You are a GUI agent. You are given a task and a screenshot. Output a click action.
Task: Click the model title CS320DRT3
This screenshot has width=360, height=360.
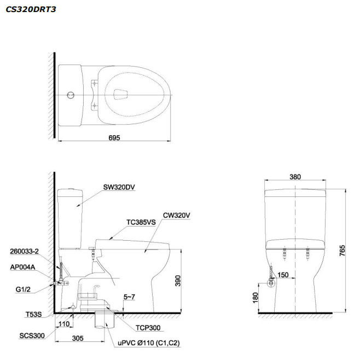coord(31,9)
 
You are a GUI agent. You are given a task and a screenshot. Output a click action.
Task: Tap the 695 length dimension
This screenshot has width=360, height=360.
coord(114,137)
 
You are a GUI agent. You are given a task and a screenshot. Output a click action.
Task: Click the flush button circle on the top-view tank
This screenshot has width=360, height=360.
coord(71,95)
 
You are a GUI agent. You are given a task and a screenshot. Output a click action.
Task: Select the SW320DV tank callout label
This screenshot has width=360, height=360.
coord(119,187)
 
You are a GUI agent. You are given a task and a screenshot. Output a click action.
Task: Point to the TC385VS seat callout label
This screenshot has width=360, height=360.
coord(141,222)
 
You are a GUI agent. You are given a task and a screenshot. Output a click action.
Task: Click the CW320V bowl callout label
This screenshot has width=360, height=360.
coord(176,216)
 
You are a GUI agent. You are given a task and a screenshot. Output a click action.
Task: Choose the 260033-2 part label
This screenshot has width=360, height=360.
coord(24,252)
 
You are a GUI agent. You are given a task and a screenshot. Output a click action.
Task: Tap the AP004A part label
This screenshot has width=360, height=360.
coord(22,267)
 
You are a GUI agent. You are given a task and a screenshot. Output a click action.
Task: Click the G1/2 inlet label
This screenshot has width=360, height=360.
coord(23,289)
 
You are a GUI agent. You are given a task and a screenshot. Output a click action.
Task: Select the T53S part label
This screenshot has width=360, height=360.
coord(33,314)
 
